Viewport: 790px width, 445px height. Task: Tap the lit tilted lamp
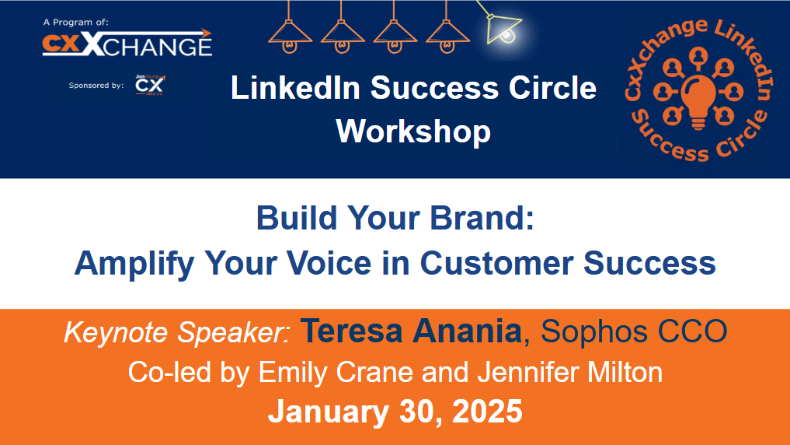502,27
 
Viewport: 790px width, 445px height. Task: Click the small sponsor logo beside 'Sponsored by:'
149,84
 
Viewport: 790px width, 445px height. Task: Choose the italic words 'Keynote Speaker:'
177,332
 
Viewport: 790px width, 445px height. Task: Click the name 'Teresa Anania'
411,331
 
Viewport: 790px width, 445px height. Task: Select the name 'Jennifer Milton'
569,373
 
